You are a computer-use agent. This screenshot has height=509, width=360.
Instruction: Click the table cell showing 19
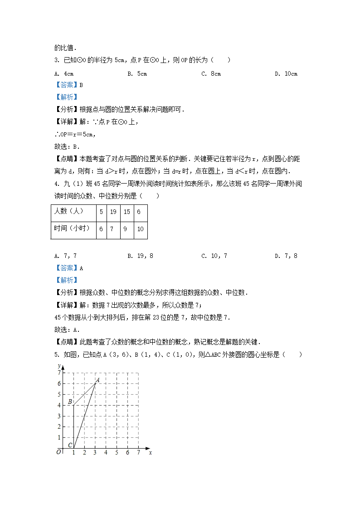point(113,212)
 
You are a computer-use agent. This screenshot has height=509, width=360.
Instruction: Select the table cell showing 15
point(126,212)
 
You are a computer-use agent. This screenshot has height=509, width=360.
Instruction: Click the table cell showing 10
point(140,229)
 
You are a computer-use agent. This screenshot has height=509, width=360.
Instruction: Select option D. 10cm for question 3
point(286,74)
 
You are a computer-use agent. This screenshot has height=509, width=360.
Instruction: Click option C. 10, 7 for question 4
point(214,256)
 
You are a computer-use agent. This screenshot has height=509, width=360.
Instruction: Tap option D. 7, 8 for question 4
point(286,256)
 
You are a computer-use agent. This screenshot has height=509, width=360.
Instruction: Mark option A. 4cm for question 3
point(64,74)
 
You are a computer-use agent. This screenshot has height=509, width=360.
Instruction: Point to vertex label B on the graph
point(70,402)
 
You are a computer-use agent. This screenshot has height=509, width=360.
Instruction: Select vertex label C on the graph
point(70,445)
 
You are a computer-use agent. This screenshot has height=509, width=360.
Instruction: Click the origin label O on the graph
point(58,452)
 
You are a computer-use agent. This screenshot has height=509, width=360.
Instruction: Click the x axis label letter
point(150,452)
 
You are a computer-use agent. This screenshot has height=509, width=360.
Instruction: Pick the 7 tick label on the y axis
point(58,373)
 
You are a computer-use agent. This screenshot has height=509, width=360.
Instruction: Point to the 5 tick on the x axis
point(117,453)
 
